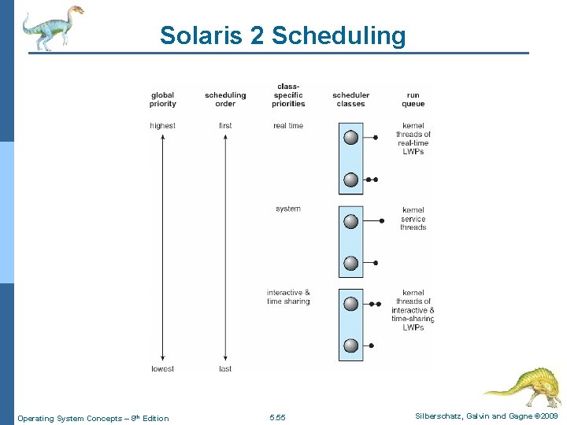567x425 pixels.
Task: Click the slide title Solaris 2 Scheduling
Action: [x=283, y=35]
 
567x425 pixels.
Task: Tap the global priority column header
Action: [x=162, y=99]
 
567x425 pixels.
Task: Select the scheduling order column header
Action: [x=225, y=99]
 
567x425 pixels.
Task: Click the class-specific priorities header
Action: [x=288, y=95]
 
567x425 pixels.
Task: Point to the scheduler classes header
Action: [x=350, y=99]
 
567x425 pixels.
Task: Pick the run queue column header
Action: [x=413, y=99]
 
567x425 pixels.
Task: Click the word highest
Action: [x=162, y=126]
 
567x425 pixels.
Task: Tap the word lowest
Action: [x=162, y=368]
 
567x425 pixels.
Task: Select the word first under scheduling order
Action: [x=225, y=126]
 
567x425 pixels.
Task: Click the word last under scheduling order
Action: [x=225, y=368]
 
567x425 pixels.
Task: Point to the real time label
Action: [x=288, y=126]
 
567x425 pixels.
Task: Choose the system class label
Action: [x=288, y=209]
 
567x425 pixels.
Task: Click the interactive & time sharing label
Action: [x=288, y=297]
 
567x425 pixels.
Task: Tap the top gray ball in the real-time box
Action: [x=351, y=138]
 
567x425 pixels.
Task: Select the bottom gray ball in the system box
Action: [x=351, y=262]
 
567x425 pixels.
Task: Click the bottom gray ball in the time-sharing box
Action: [x=351, y=346]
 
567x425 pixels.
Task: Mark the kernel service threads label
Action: [x=413, y=219]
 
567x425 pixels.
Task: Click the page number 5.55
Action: [x=277, y=418]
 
